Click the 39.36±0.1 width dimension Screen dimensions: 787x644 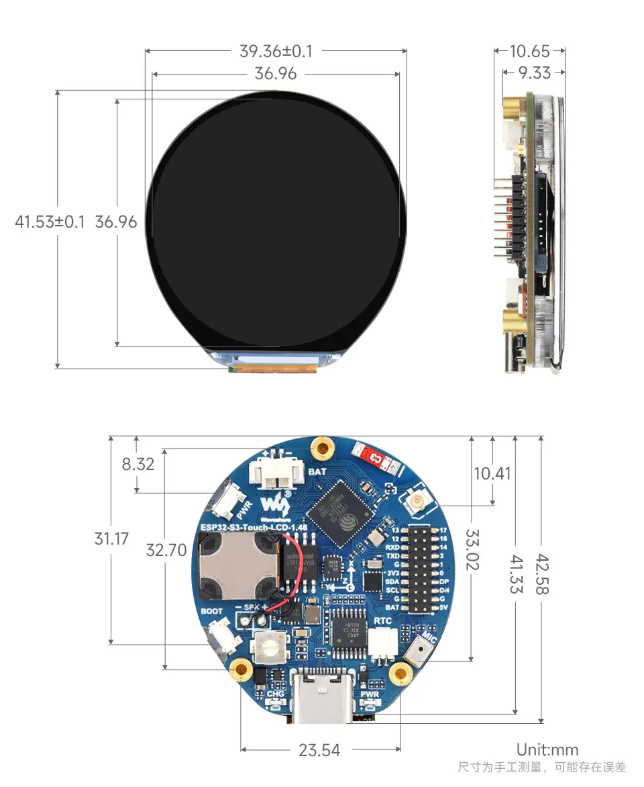click(x=276, y=51)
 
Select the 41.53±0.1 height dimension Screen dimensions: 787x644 click(x=50, y=222)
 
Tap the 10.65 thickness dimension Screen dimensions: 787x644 click(x=529, y=51)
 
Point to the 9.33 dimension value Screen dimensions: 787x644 click(x=534, y=73)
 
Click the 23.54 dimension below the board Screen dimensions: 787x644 click(x=319, y=750)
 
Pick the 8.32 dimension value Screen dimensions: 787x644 click(x=138, y=464)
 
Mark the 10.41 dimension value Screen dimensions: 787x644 click(x=492, y=473)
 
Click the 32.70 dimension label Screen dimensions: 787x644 click(x=166, y=551)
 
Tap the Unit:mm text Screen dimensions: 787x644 click(x=547, y=750)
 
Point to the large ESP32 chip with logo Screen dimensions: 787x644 click(x=339, y=514)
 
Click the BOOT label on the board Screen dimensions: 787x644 click(x=212, y=612)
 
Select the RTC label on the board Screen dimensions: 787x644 click(x=382, y=621)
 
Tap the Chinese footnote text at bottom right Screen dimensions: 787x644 click(x=541, y=767)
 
